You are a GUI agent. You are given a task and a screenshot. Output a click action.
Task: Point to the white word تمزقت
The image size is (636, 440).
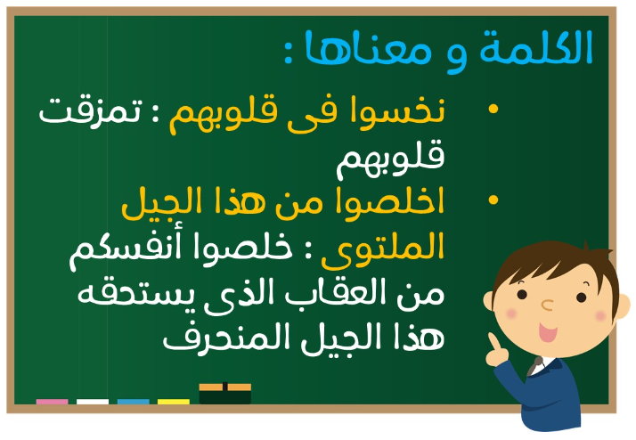pyautogui.click(x=91, y=111)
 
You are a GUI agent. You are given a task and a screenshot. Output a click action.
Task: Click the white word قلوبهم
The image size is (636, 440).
pyautogui.click(x=390, y=159)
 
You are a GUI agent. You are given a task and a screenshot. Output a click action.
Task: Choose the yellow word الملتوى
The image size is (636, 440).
pyautogui.click(x=383, y=249)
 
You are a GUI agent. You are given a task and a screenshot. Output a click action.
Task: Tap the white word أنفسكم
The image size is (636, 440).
pyautogui.click(x=126, y=250)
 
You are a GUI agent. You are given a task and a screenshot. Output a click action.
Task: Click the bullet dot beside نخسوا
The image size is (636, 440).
pyautogui.click(x=493, y=109)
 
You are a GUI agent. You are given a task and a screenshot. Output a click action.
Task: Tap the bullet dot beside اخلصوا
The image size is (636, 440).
pyautogui.click(x=493, y=200)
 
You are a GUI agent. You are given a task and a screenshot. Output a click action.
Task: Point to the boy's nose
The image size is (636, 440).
pyautogui.click(x=548, y=305)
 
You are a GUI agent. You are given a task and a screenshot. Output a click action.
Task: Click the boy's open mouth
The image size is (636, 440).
pyautogui.click(x=548, y=332)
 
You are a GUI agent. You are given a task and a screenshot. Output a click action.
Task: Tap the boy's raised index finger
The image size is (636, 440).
pyautogui.click(x=493, y=342)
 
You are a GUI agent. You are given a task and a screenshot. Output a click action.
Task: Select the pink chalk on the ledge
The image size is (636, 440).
pyautogui.click(x=52, y=402)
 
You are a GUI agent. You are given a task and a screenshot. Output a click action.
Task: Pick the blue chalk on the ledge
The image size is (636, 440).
pyautogui.click(x=133, y=402)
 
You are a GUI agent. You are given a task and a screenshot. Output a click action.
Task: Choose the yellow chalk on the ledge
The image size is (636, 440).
pyautogui.click(x=174, y=402)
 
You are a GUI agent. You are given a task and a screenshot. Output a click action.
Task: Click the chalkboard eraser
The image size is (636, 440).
pyautogui.click(x=225, y=394)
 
